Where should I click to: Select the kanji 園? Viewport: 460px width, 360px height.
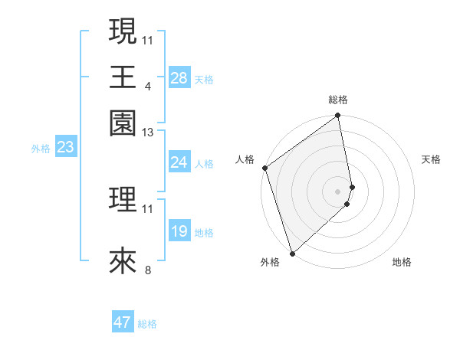tap(123, 123)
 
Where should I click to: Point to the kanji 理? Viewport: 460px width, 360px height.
tap(123, 200)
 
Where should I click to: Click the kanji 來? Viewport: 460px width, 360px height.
tap(123, 261)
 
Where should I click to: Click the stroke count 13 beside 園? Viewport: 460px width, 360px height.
tap(148, 132)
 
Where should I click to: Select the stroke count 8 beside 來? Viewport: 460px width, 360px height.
tap(148, 270)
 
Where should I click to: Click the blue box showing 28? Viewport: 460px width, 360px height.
tap(179, 77)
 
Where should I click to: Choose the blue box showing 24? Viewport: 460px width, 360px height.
tap(179, 162)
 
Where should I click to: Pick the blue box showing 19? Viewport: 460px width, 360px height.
tap(179, 231)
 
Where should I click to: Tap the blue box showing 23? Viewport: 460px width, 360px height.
tap(65, 147)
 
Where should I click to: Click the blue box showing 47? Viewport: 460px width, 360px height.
tap(123, 322)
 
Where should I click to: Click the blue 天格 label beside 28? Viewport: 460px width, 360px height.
tap(204, 79)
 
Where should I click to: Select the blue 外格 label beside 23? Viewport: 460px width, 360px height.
tap(41, 149)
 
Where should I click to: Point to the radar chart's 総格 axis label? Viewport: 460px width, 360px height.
tap(338, 100)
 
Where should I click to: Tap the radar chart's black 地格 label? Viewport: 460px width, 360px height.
tap(402, 262)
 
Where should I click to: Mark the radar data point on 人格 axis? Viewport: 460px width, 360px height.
tap(264, 168)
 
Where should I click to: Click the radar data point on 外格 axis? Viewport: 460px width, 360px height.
tap(292, 253)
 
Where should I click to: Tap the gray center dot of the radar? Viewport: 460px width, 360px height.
tap(338, 191)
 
